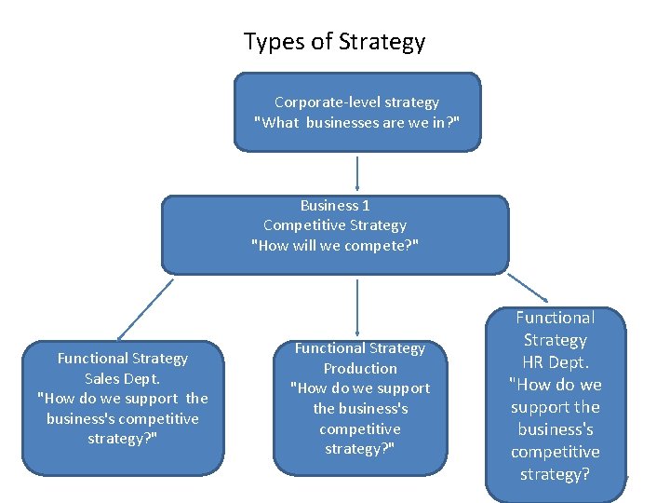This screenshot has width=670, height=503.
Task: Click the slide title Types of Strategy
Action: (334, 42)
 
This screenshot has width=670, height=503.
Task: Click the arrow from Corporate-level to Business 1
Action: (357, 173)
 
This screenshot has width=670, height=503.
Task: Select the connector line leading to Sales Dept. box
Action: (146, 307)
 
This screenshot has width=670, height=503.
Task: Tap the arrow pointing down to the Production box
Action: (357, 306)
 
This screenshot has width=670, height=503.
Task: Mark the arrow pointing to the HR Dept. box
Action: (528, 289)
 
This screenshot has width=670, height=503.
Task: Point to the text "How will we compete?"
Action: (335, 245)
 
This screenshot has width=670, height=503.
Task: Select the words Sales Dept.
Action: (122, 378)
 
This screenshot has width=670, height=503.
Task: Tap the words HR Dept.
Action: (555, 362)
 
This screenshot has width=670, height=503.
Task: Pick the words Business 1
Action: (335, 205)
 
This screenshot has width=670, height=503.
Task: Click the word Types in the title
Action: (268, 42)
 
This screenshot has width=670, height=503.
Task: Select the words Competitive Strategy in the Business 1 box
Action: (335, 224)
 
